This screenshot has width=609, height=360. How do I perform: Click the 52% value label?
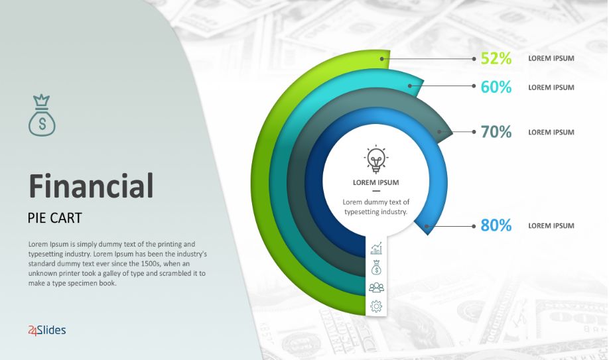[496, 58]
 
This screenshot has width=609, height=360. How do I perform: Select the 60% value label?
[496, 87]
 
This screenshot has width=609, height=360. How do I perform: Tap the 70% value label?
[496, 132]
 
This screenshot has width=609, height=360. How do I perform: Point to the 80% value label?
[496, 225]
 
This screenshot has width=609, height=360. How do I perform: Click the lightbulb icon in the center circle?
[376, 158]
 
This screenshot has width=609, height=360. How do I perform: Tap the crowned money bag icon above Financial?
[42, 115]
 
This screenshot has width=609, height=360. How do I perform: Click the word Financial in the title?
[92, 186]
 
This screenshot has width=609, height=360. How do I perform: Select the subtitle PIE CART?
[55, 218]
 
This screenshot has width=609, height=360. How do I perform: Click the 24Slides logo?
[47, 330]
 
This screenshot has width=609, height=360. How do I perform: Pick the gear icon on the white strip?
[376, 306]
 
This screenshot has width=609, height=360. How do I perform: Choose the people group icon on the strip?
[376, 287]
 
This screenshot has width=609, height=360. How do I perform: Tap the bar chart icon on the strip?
[376, 249]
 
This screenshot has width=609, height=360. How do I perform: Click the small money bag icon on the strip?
[376, 268]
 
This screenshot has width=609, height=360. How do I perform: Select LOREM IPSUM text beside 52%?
[551, 58]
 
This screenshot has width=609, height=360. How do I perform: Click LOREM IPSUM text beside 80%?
[551, 225]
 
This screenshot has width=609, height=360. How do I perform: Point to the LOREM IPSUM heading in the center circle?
[375, 182]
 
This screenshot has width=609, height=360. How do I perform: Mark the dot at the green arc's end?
[382, 59]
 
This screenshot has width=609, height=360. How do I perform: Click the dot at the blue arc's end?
[427, 226]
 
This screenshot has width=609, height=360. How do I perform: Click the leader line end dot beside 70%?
[474, 132]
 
